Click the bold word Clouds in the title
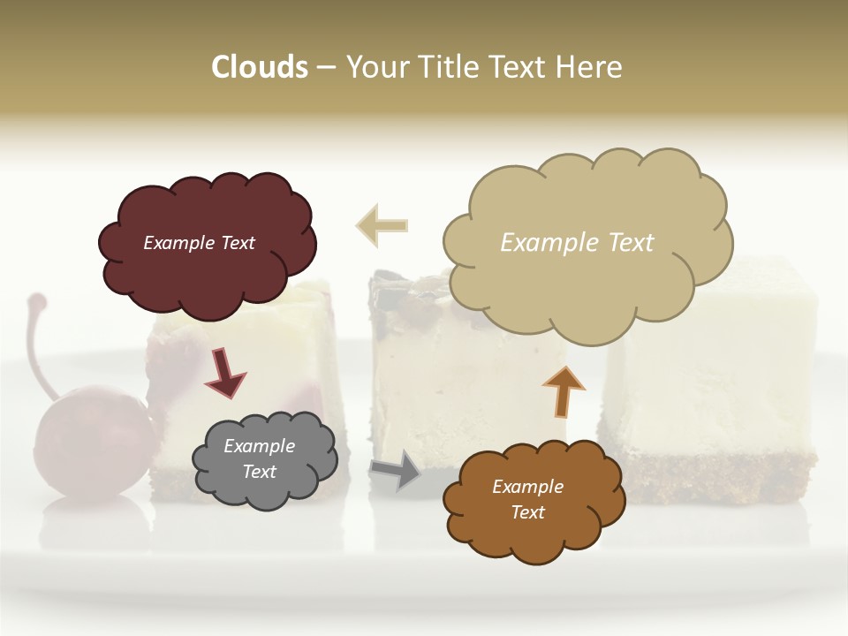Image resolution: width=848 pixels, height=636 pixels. [x=260, y=67]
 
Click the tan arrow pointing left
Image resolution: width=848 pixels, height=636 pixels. [x=382, y=225]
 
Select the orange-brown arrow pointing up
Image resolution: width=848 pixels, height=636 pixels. [x=563, y=390]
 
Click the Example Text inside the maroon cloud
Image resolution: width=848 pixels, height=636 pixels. [x=199, y=243]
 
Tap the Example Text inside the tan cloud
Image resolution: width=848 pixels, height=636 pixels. [x=577, y=243]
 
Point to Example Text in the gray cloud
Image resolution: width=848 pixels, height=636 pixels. [x=259, y=459]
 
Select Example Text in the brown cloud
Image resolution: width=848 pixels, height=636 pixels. [x=527, y=499]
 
